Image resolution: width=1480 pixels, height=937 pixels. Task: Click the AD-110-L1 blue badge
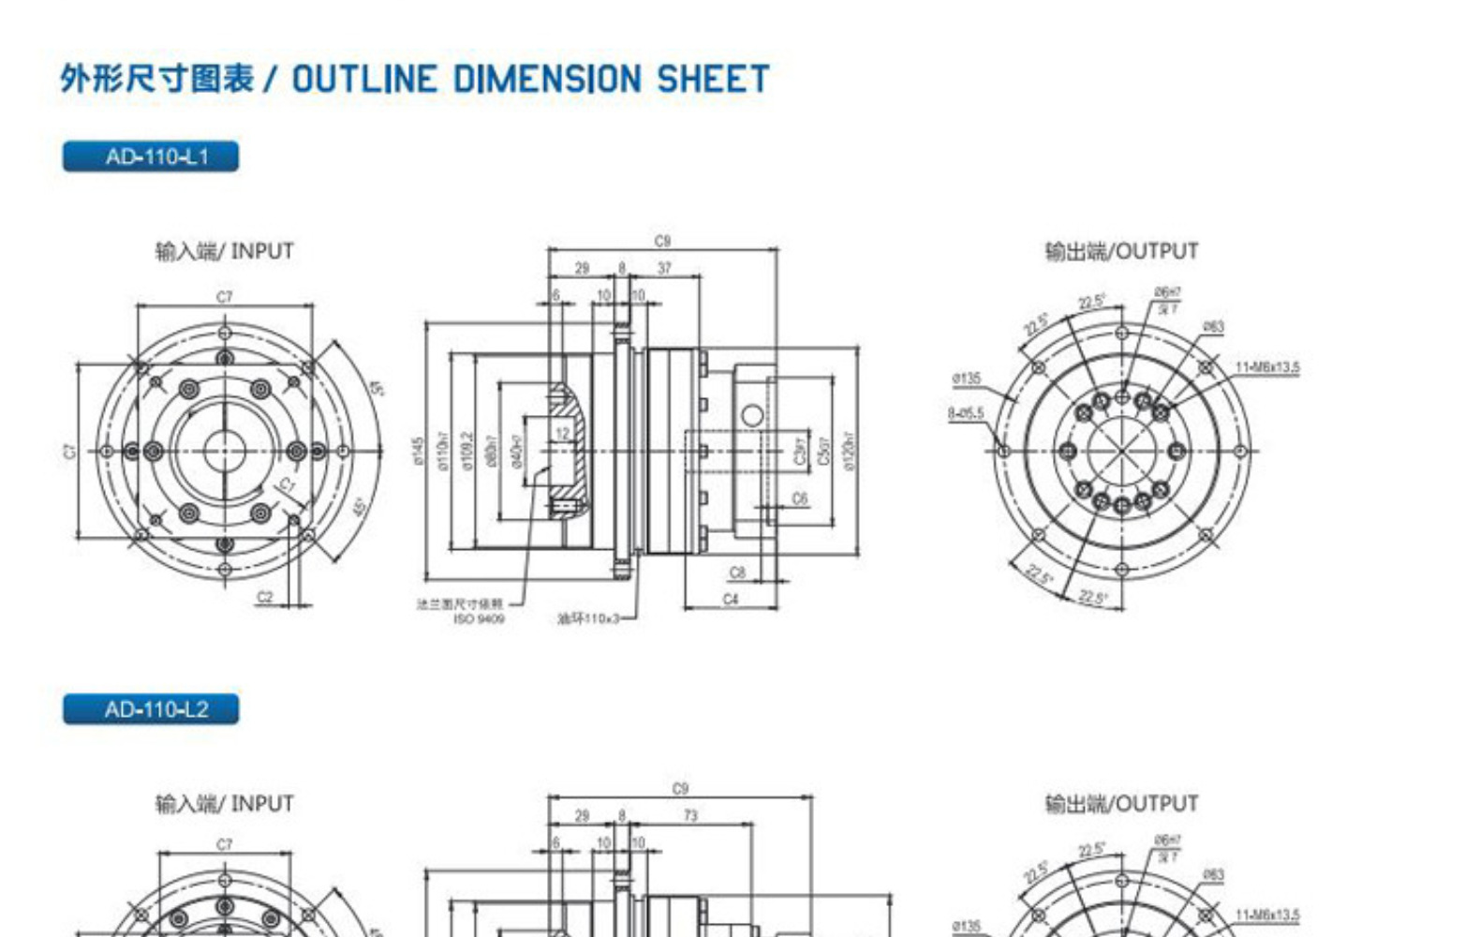[151, 156]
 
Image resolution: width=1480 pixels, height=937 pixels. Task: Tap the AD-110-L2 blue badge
[151, 709]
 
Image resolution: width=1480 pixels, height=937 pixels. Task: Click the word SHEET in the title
[713, 79]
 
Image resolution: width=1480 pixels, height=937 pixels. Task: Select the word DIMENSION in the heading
[547, 79]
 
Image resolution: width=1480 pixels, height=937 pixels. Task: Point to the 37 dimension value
[664, 268]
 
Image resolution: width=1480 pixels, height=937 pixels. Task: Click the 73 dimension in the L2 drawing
[690, 816]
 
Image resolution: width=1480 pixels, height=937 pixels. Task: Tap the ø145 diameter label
[418, 450]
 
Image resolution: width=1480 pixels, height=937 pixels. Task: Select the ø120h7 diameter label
[849, 451]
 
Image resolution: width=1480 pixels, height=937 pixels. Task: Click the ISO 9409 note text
[479, 618]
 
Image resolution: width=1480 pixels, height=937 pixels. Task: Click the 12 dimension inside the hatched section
[562, 434]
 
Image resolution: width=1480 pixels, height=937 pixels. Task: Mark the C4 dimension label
[731, 599]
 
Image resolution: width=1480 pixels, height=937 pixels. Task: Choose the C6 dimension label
[799, 499]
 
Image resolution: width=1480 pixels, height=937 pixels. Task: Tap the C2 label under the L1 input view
[265, 597]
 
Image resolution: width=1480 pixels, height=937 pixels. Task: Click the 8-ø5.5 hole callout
[965, 413]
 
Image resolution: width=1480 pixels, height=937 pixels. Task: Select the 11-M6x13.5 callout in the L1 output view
[1266, 367]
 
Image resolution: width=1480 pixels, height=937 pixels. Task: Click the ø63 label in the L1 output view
[1213, 327]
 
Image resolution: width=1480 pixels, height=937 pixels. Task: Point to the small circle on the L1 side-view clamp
[751, 415]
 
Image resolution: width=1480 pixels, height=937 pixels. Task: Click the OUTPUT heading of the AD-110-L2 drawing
[1121, 804]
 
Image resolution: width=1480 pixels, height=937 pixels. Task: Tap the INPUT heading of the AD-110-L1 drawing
[224, 251]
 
